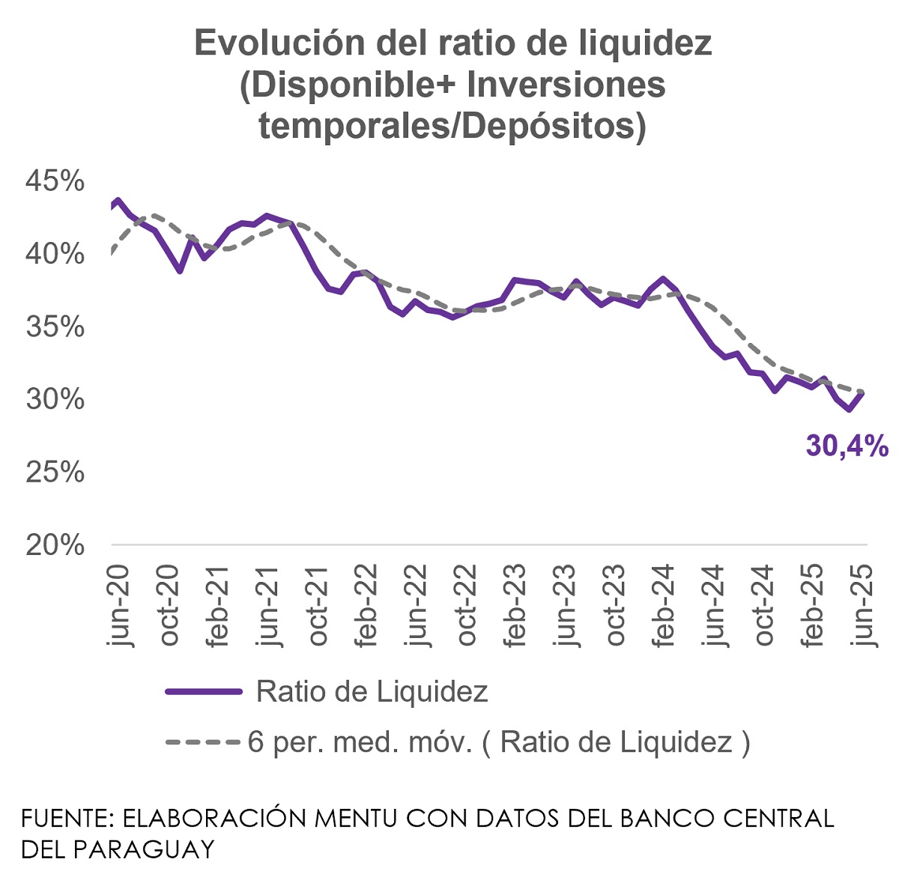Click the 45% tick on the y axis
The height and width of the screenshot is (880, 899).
(x=55, y=181)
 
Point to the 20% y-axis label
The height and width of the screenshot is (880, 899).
(x=55, y=545)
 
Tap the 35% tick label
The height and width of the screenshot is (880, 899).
(x=55, y=327)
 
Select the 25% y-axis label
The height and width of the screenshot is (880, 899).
(x=55, y=473)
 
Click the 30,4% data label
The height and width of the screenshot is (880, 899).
(x=847, y=446)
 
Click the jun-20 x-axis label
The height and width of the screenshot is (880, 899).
(x=119, y=605)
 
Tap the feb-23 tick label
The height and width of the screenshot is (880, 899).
(x=515, y=605)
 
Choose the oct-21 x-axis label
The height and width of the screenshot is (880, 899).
(x=318, y=605)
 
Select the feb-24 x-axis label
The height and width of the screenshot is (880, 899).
(x=664, y=605)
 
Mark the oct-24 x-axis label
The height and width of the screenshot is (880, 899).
(x=763, y=605)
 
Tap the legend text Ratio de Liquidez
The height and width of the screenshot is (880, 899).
(x=372, y=692)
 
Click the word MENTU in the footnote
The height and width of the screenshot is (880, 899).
(x=355, y=818)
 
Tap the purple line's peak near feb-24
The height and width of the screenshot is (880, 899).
(x=663, y=279)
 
